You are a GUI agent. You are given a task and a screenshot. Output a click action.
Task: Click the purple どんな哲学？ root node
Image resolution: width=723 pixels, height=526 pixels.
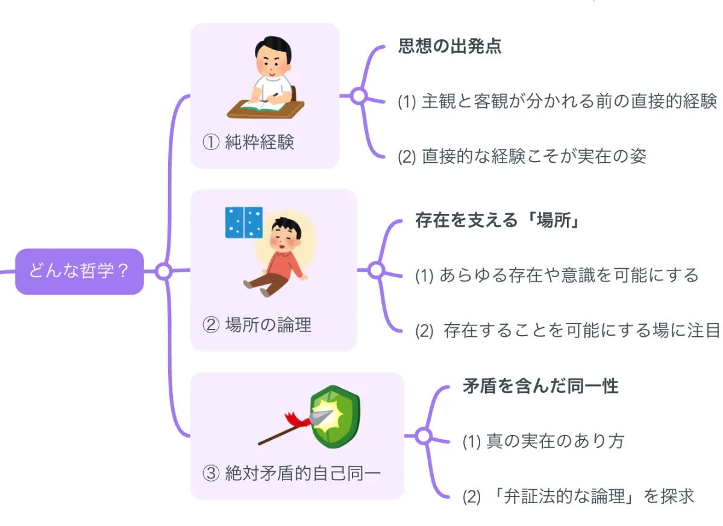click(x=80, y=271)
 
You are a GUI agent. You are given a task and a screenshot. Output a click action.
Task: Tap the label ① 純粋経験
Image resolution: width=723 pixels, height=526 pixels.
click(x=248, y=143)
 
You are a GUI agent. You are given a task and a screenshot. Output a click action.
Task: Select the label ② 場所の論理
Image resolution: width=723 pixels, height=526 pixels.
click(x=257, y=325)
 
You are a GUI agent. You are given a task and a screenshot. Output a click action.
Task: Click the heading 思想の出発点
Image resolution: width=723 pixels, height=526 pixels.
click(x=449, y=46)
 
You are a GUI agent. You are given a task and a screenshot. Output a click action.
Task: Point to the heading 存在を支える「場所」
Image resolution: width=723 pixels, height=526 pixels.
click(x=497, y=220)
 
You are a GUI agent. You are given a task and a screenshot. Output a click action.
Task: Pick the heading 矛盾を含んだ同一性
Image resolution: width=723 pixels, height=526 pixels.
click(x=540, y=386)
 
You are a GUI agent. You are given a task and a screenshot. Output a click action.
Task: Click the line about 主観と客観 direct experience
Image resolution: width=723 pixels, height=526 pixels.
click(x=557, y=101)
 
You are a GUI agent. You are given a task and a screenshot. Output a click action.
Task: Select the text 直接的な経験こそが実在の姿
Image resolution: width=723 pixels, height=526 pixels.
click(x=522, y=156)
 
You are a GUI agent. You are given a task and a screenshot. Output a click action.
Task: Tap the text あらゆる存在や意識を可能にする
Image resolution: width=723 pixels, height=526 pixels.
click(x=557, y=275)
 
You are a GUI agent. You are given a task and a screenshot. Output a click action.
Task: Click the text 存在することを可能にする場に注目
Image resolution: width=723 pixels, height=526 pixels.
click(x=568, y=330)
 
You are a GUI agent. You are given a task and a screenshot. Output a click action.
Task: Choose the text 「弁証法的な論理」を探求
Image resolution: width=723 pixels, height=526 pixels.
click(x=578, y=496)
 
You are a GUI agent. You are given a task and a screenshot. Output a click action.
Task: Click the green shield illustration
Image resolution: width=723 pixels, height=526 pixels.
click(x=335, y=416)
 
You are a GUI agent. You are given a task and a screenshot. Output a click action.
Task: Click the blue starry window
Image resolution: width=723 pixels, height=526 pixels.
click(x=243, y=222)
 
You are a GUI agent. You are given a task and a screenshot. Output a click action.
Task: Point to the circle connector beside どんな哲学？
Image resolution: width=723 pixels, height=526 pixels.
click(x=163, y=271)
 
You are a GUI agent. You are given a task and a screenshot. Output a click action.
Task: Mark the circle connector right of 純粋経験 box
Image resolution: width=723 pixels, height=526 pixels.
click(x=359, y=95)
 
